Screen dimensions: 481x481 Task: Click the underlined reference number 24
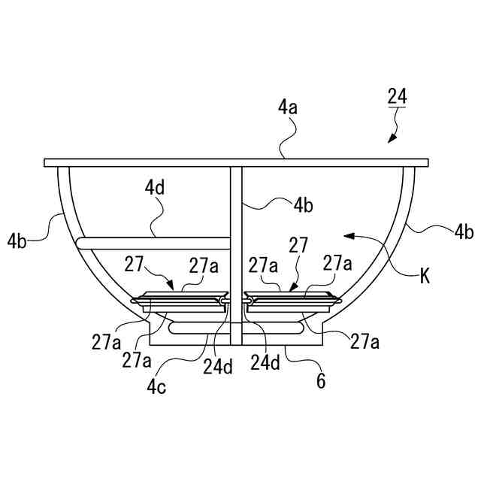click(x=397, y=96)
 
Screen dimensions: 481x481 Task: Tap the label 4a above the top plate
click(x=288, y=107)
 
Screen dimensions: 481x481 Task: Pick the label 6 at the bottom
click(x=321, y=382)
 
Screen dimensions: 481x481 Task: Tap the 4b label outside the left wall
click(x=18, y=241)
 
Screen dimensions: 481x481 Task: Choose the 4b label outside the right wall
click(x=464, y=232)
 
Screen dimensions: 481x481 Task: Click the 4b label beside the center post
click(x=304, y=204)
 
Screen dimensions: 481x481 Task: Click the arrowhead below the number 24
click(x=391, y=138)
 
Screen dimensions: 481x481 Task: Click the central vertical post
click(x=236, y=248)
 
